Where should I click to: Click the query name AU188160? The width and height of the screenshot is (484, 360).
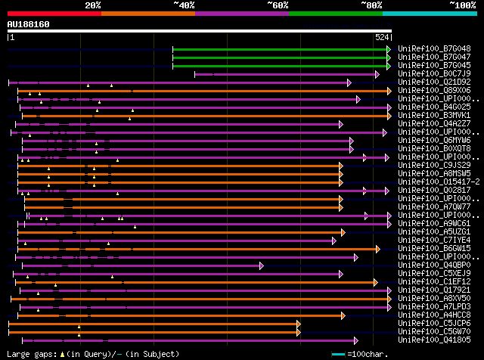point(29,24)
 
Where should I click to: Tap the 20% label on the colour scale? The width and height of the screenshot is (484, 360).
point(93,5)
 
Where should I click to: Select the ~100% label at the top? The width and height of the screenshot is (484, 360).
point(463,5)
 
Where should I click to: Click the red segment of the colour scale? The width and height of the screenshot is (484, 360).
point(54,13)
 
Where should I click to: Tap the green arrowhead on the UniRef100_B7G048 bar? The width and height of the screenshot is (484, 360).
point(389,49)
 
